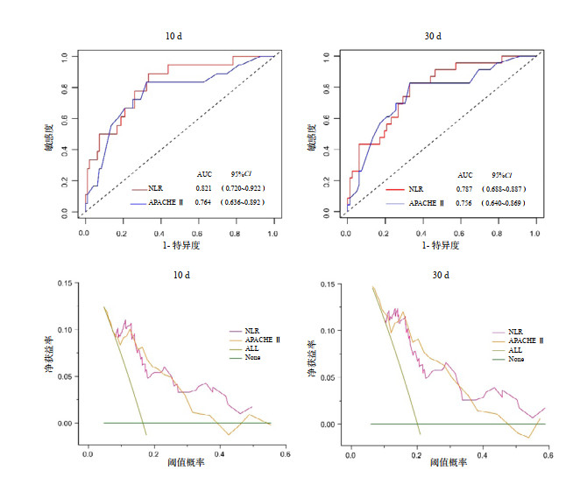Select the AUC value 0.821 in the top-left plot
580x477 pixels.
[204, 188]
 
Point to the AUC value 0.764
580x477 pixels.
[204, 203]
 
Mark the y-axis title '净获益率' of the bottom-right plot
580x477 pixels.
[312, 354]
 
